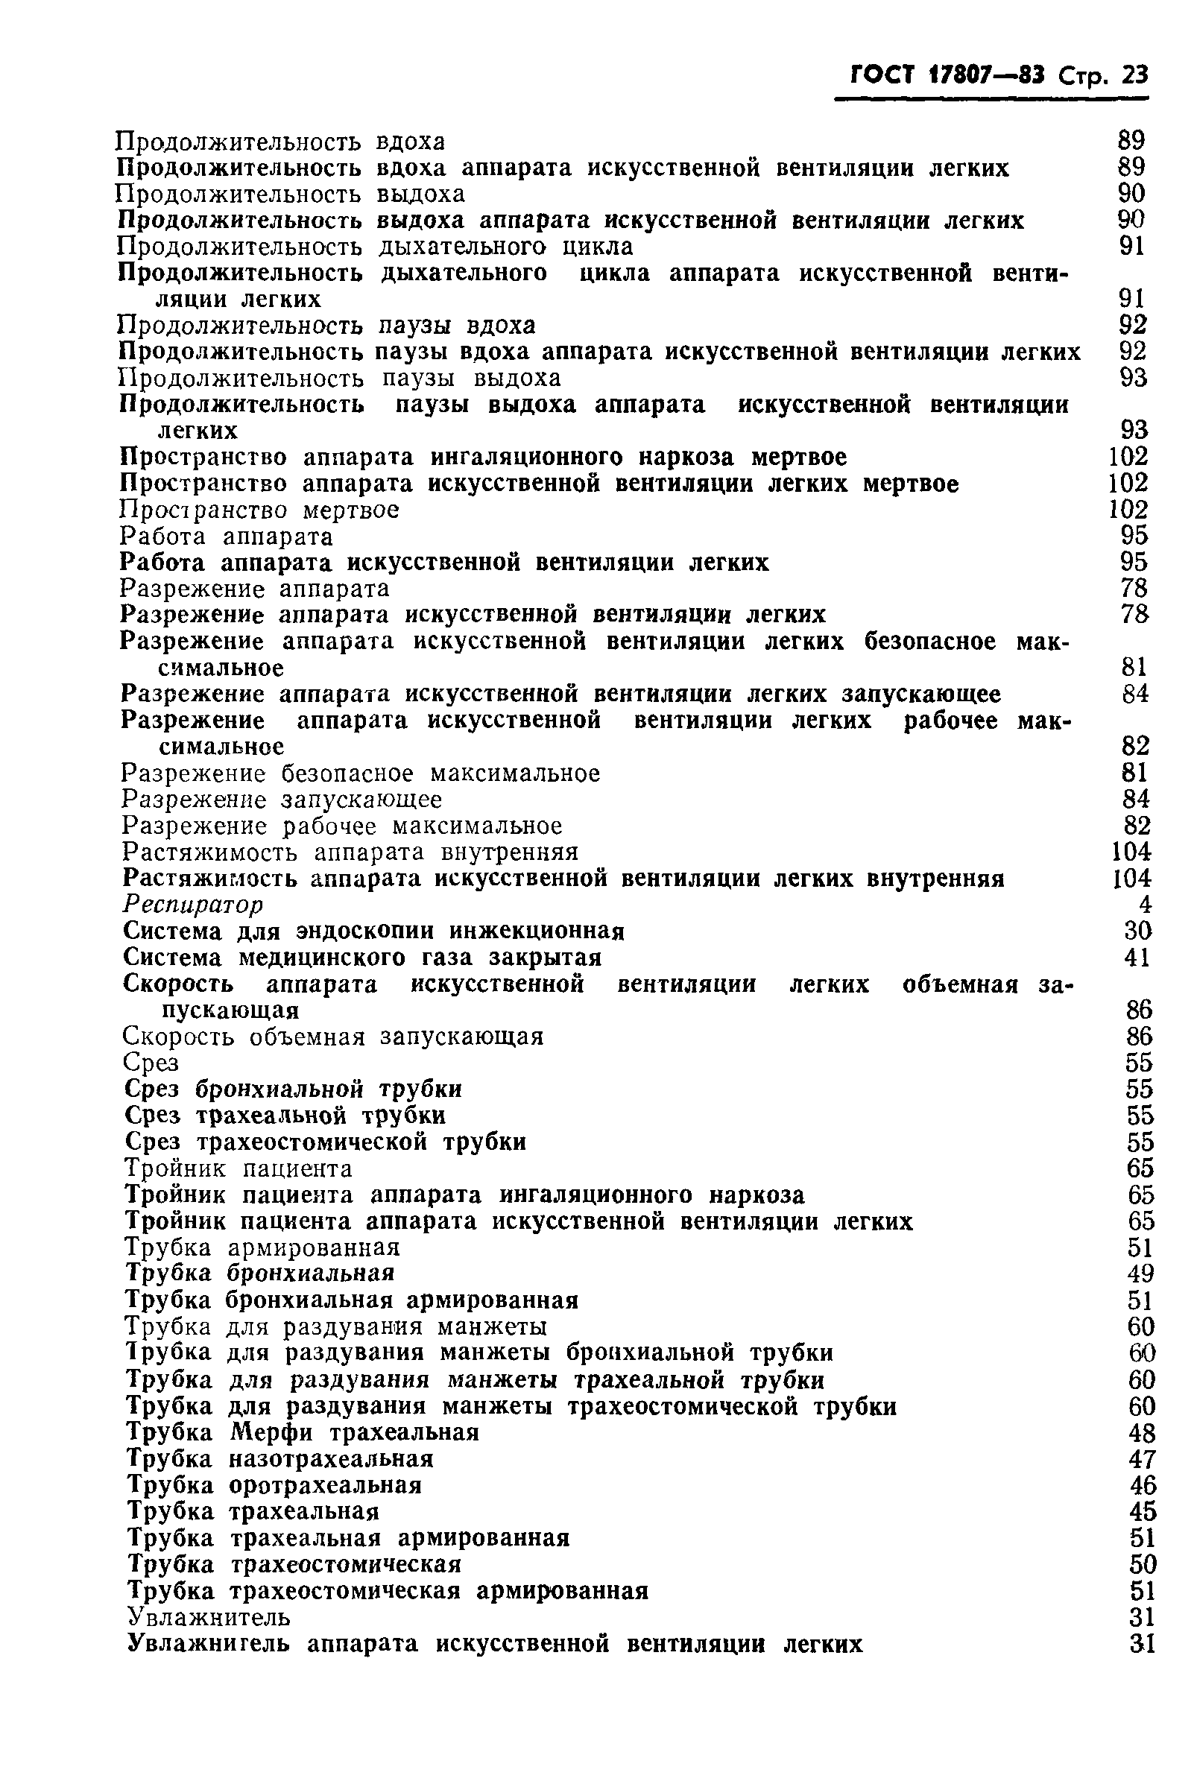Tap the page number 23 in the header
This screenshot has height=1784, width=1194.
coord(1134,75)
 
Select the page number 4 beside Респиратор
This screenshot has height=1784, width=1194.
coord(1145,905)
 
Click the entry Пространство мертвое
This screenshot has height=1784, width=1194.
coord(259,510)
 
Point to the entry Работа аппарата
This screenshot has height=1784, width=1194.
coord(226,537)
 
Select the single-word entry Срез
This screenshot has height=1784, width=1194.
coord(151,1062)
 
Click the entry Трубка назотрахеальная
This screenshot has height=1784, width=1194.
coord(279,1459)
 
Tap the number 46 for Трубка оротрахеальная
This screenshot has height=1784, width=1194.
coord(1143,1484)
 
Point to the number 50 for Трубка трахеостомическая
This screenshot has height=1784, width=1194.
coord(1143,1564)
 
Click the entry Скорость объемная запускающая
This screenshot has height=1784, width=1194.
coord(332,1037)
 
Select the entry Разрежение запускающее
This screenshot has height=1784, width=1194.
coord(281,800)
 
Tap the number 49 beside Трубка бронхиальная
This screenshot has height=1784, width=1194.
coord(1140,1273)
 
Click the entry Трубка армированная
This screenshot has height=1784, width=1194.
coord(262,1247)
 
